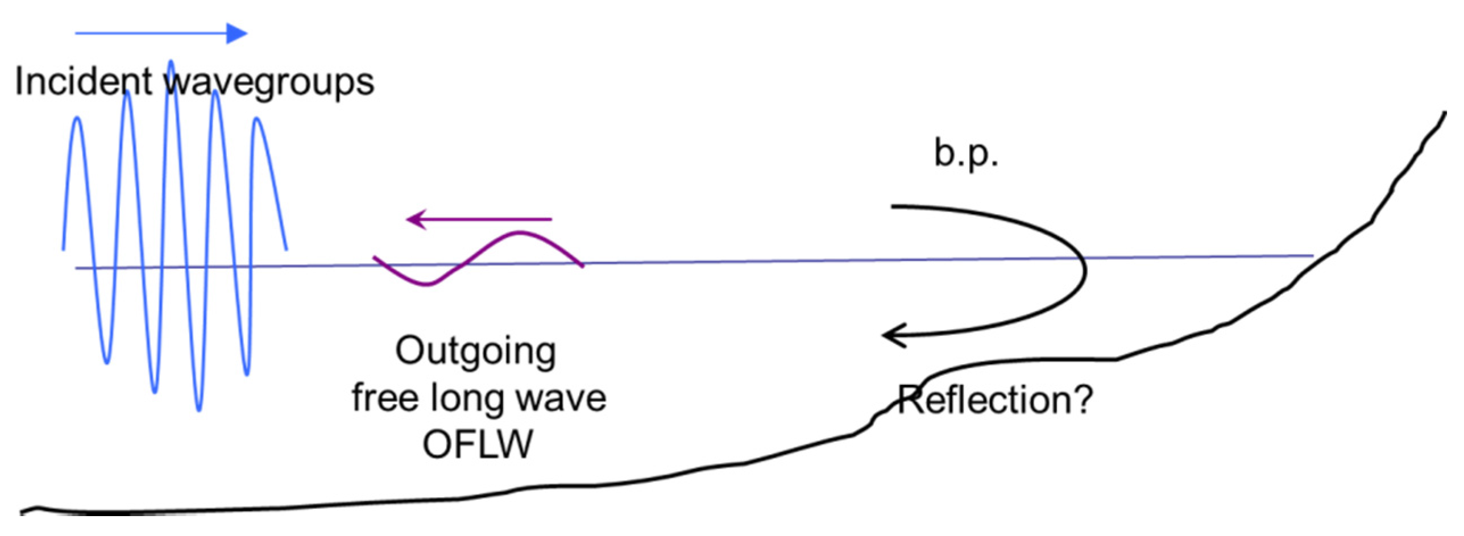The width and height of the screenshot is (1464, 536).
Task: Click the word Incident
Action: [x=83, y=81]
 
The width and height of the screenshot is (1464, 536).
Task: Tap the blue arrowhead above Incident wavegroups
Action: [x=237, y=34]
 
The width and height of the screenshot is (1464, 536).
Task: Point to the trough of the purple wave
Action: [x=426, y=284]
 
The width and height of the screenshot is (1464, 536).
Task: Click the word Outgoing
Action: [x=475, y=352]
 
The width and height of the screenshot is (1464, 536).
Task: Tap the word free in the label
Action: [x=384, y=398]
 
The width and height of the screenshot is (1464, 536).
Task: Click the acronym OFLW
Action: [x=477, y=444]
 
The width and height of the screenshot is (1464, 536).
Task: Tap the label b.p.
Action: [x=965, y=153]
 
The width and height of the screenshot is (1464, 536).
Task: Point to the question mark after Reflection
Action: [x=1081, y=399]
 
